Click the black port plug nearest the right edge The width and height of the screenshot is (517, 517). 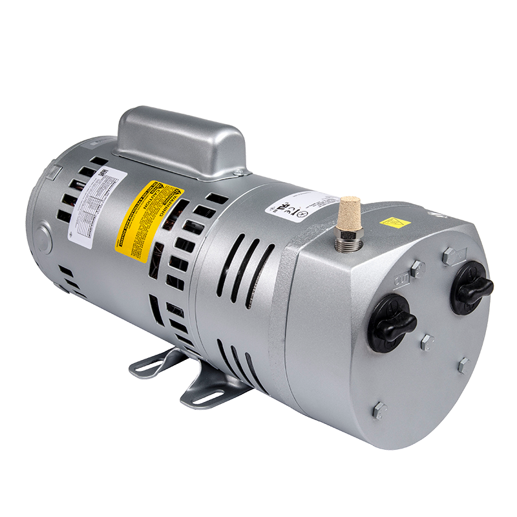(x=470, y=288)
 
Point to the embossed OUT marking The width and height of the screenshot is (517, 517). (x=401, y=280)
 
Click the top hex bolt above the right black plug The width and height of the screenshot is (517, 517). (x=448, y=255)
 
